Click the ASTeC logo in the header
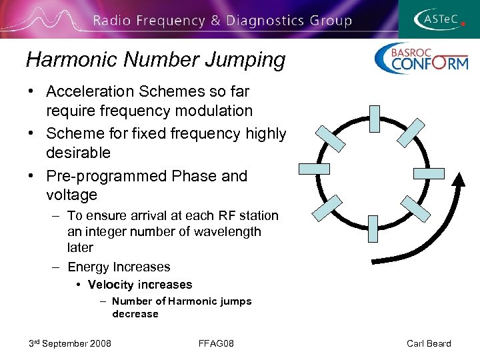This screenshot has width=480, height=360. pyautogui.click(x=439, y=19)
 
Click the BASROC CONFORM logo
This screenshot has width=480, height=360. pyautogui.click(x=421, y=59)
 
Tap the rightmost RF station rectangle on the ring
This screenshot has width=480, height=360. pyautogui.click(x=428, y=173)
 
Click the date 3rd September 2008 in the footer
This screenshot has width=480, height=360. pyautogui.click(x=70, y=343)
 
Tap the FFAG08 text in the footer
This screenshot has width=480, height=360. pyautogui.click(x=216, y=343)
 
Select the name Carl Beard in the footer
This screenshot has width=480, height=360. pyautogui.click(x=429, y=343)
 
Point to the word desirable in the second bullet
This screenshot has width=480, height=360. pyautogui.click(x=78, y=153)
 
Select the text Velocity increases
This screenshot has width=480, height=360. pyautogui.click(x=140, y=285)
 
